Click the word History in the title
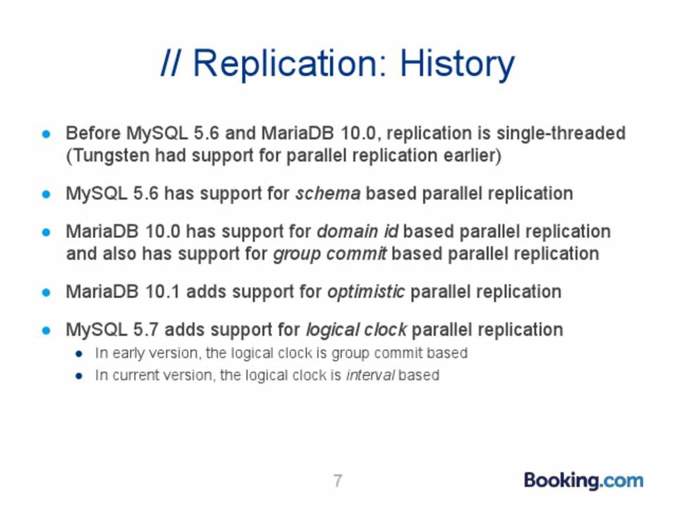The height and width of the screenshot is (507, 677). pyautogui.click(x=457, y=64)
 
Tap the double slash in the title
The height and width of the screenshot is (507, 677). pyautogui.click(x=170, y=63)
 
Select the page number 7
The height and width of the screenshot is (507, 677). pyautogui.click(x=338, y=481)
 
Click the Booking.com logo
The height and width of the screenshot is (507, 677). pyautogui.click(x=583, y=480)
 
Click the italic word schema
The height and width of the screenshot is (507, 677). pyautogui.click(x=328, y=194)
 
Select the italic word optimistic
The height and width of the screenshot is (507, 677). pyautogui.click(x=366, y=292)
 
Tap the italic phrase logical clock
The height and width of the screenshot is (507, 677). pyautogui.click(x=356, y=330)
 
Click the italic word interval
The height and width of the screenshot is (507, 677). pyautogui.click(x=370, y=375)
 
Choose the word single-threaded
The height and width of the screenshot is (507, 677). pyautogui.click(x=561, y=134)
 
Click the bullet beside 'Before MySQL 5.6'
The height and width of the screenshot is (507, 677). pyautogui.click(x=47, y=134)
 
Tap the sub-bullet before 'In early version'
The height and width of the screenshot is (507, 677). pyautogui.click(x=78, y=354)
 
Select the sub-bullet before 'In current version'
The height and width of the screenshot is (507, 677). pyautogui.click(x=78, y=376)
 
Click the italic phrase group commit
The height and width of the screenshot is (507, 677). pyautogui.click(x=330, y=254)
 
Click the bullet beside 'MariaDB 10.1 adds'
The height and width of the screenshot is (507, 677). pyautogui.click(x=47, y=293)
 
